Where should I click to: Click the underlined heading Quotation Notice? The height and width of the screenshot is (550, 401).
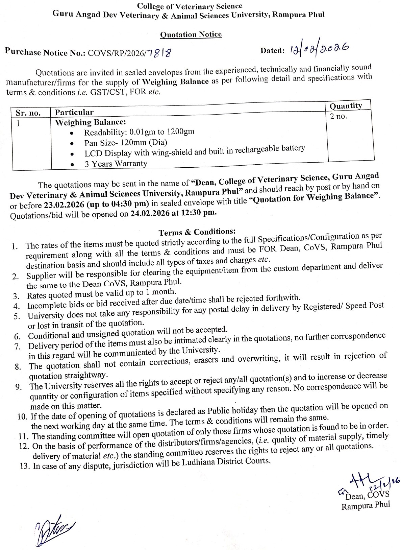[191, 34]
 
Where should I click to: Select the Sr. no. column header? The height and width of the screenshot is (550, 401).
[28, 113]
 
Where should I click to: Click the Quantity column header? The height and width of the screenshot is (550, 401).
[346, 106]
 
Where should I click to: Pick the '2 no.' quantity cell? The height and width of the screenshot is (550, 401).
[339, 117]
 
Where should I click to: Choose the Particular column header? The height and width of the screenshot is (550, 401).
[74, 112]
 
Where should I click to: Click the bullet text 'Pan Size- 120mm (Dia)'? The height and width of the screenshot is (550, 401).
[126, 143]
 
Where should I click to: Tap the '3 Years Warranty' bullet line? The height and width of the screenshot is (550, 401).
[116, 164]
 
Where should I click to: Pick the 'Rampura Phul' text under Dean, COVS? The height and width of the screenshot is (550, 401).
[366, 506]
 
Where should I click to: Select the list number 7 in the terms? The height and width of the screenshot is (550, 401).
[17, 346]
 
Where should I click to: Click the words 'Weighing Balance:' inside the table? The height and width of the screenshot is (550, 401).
[90, 122]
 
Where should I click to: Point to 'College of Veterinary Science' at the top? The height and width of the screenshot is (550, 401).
[190, 6]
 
